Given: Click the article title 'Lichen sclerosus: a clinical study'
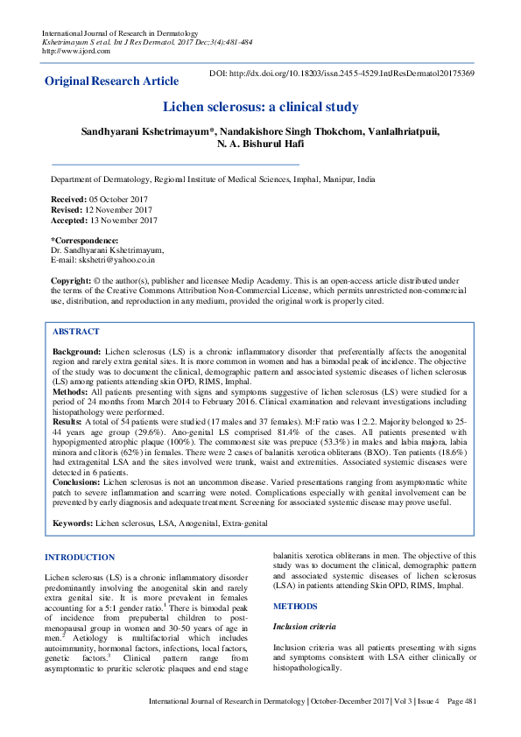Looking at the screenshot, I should point(260,107).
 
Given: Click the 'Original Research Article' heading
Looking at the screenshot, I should point(112,81).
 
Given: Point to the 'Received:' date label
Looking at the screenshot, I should point(69,200).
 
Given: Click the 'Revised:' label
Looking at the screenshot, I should point(67,211).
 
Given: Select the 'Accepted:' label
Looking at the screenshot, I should point(70,221).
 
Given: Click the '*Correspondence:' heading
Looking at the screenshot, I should point(84,240).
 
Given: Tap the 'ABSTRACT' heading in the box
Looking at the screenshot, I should point(76,333).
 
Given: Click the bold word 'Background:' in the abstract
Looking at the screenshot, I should point(77,350).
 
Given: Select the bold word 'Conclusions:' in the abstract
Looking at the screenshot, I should point(76,481).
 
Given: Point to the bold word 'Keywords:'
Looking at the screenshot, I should point(73,523).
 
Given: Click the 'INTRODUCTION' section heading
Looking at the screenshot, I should point(80,558).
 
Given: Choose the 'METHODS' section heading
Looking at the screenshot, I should point(294,606).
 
